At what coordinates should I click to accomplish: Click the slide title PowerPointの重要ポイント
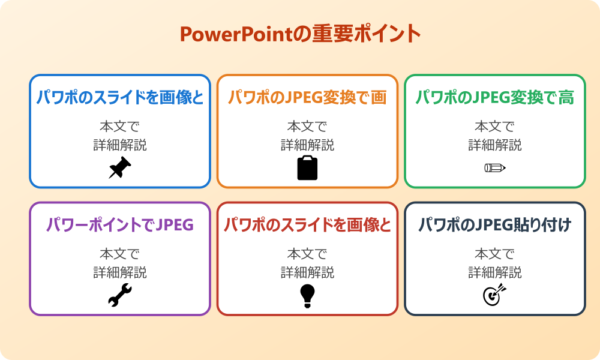tap(300, 34)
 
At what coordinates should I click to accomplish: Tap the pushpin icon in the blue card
tap(119, 168)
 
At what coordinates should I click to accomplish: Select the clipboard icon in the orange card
tap(307, 168)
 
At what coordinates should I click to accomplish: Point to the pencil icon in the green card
tap(495, 168)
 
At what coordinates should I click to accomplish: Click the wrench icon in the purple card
tap(119, 295)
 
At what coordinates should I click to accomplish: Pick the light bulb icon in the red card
tap(307, 295)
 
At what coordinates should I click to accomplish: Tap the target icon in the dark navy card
tap(495, 295)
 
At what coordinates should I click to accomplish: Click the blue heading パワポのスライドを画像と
tap(120, 98)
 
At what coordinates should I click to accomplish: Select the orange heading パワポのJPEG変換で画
tap(307, 98)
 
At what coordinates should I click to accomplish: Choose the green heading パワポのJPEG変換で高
tap(495, 98)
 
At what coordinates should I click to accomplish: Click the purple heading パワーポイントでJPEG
tap(120, 225)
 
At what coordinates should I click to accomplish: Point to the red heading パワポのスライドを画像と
tap(307, 225)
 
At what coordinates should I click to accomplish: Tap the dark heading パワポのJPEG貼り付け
tap(495, 225)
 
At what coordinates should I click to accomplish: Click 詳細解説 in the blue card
tap(120, 145)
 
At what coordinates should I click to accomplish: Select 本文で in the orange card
tap(307, 127)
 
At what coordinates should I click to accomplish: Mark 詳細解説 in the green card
tap(495, 145)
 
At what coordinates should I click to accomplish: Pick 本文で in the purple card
tap(120, 254)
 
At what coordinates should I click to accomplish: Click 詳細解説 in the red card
tap(307, 272)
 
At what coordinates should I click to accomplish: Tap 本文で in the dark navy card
tap(495, 254)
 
